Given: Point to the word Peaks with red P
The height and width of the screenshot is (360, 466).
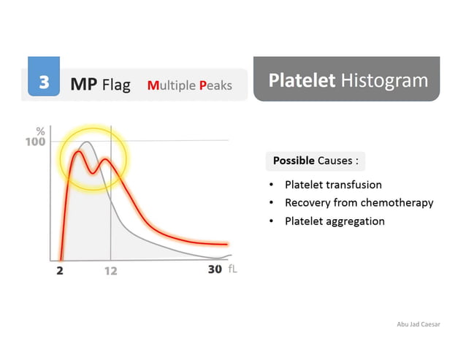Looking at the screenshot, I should pyautogui.click(x=215, y=85).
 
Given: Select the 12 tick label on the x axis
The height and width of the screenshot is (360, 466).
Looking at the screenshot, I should pyautogui.click(x=110, y=269).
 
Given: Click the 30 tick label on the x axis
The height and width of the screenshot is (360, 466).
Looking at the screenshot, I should pyautogui.click(x=214, y=269).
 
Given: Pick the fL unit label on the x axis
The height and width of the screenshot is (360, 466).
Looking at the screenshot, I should pyautogui.click(x=232, y=269).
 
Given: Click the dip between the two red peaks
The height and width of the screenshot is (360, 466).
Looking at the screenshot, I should pyautogui.click(x=92, y=172).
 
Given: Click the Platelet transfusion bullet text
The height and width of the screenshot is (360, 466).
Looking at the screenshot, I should pyautogui.click(x=333, y=185).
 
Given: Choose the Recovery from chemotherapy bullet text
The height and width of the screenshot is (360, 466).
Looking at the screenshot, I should pyautogui.click(x=359, y=202).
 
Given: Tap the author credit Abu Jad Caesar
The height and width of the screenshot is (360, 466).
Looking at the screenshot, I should pyautogui.click(x=419, y=324).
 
